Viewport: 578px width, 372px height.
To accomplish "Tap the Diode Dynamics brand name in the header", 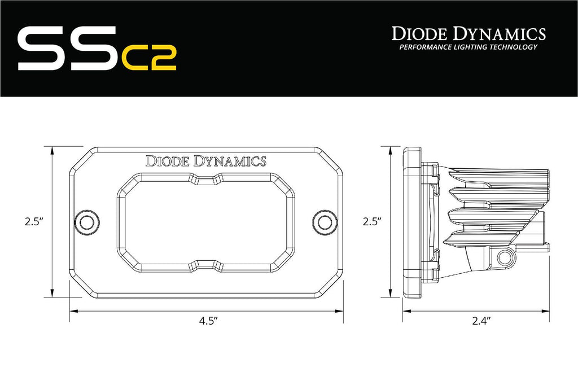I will click(468, 33).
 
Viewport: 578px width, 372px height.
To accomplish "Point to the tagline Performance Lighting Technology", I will click(468, 47).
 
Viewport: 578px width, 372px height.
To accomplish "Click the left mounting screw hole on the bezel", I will click(87, 221).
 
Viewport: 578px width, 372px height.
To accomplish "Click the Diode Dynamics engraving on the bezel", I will click(206, 161).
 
